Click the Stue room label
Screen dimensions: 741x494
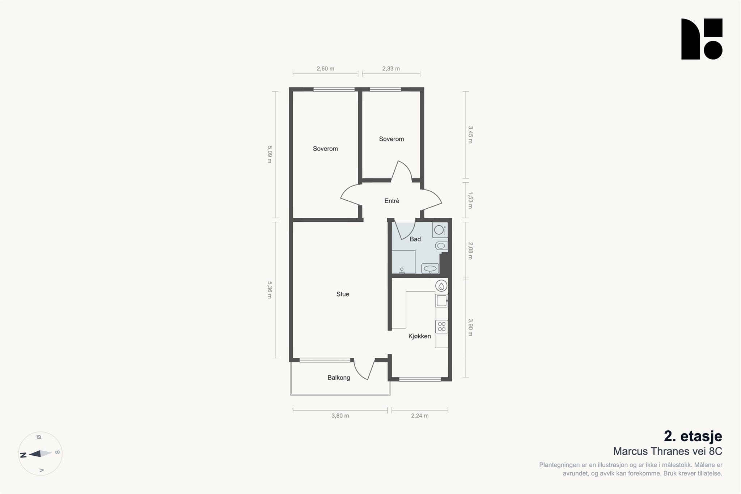click(x=343, y=294)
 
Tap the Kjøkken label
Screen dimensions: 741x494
click(x=419, y=336)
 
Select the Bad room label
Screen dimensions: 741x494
click(x=415, y=239)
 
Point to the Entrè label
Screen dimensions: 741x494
click(x=392, y=201)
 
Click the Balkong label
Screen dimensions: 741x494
click(x=339, y=378)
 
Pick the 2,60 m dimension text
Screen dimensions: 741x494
click(x=325, y=69)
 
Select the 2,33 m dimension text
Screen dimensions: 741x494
click(x=391, y=69)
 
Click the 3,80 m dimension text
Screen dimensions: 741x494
click(x=340, y=416)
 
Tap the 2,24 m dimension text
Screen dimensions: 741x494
click(x=420, y=416)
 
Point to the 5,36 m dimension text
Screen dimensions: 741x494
click(x=270, y=290)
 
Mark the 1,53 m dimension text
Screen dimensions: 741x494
click(x=470, y=200)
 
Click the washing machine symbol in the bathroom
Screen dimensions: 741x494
click(x=440, y=230)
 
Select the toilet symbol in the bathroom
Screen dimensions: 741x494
click(x=441, y=246)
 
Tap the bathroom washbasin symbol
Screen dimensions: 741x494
click(x=430, y=268)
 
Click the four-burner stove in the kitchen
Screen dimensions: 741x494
click(x=441, y=327)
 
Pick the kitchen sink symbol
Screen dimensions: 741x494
click(x=441, y=301)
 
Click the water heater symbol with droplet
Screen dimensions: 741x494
click(x=441, y=286)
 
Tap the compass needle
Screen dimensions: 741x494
click(x=40, y=453)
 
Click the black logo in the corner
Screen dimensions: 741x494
click(x=702, y=39)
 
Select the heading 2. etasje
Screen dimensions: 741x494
click(x=693, y=436)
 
